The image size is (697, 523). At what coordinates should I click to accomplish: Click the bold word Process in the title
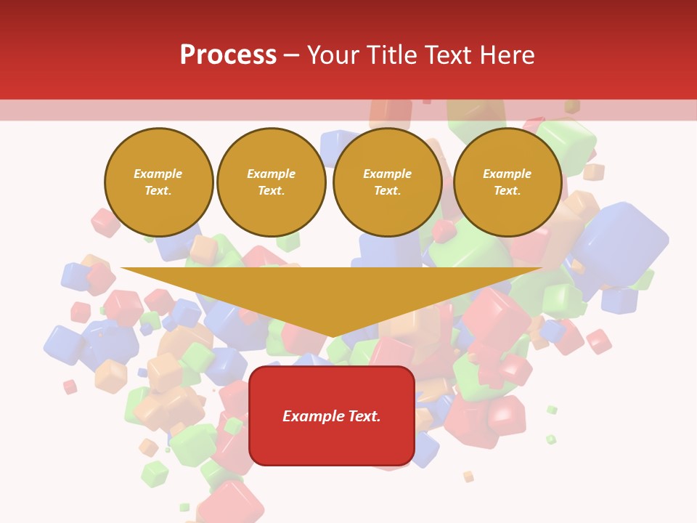pyautogui.click(x=228, y=55)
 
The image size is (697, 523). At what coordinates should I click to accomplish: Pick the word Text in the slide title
pyautogui.click(x=449, y=55)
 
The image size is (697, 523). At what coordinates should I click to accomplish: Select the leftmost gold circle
pyautogui.click(x=158, y=182)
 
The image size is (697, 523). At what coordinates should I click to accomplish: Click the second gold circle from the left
pyautogui.click(x=271, y=182)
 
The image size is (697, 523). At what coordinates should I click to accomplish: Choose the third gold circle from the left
pyautogui.click(x=387, y=182)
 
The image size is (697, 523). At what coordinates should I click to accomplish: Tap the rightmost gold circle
pyautogui.click(x=507, y=182)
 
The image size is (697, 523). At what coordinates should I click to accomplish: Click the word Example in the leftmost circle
pyautogui.click(x=158, y=174)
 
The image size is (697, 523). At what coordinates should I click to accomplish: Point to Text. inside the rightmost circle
pyautogui.click(x=507, y=191)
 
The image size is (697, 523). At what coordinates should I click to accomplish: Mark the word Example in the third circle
pyautogui.click(x=387, y=174)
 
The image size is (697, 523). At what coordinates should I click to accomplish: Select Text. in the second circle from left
pyautogui.click(x=271, y=191)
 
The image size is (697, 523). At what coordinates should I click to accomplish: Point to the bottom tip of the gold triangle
pyautogui.click(x=333, y=336)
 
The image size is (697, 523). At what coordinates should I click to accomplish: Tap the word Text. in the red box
pyautogui.click(x=366, y=416)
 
